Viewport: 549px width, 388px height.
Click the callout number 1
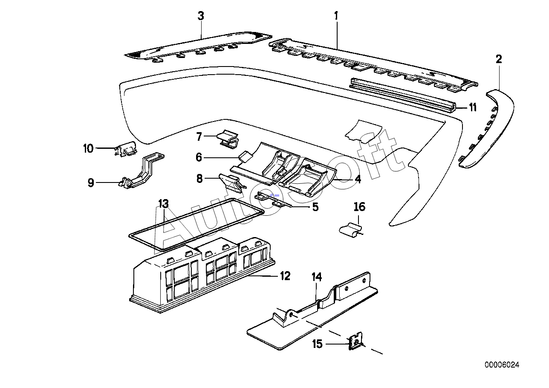pos(336,16)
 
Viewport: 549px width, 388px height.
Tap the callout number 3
pos(201,16)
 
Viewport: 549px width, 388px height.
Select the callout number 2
pos(499,59)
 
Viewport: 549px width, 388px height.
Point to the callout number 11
pos(473,107)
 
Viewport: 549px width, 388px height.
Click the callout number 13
pos(164,204)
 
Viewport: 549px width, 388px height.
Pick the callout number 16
pos(360,207)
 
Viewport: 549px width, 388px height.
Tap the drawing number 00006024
pos(502,365)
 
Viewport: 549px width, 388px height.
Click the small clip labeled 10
pos(126,149)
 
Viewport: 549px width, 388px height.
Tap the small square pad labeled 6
pos(246,157)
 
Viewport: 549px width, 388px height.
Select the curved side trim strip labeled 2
pos(486,129)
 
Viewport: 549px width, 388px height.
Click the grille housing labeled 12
pos(202,275)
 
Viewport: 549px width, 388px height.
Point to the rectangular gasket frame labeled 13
pos(196,225)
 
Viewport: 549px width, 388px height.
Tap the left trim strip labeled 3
pos(198,47)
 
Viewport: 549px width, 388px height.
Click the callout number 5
pos(315,207)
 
